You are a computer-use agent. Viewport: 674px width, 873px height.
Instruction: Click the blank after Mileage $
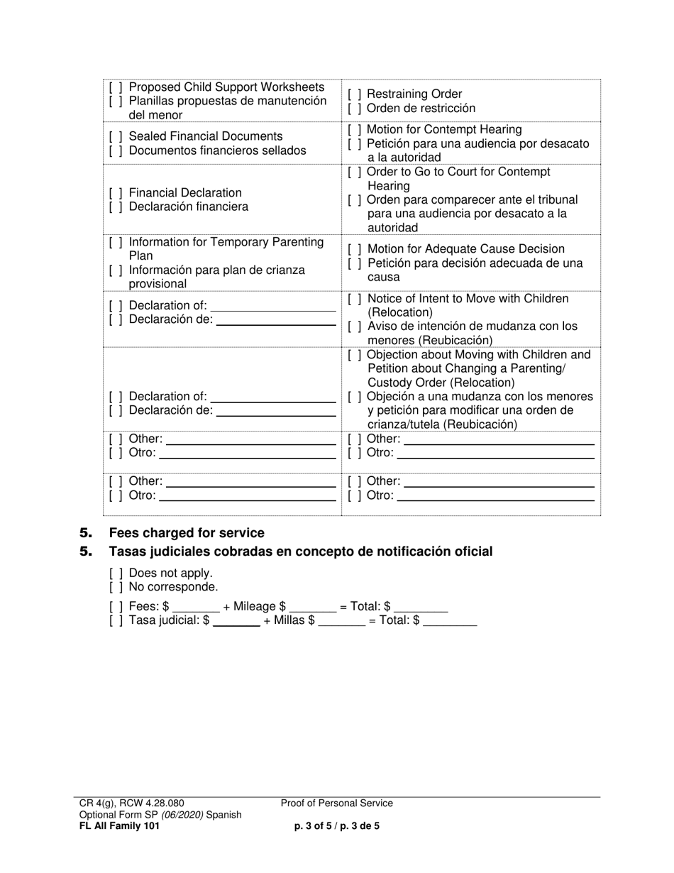click(x=313, y=608)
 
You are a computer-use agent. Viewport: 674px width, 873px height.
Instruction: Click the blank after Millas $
click(x=342, y=622)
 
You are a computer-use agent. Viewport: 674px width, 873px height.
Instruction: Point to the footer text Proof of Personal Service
click(x=336, y=803)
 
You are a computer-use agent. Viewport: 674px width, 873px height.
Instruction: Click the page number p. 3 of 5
click(x=317, y=826)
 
